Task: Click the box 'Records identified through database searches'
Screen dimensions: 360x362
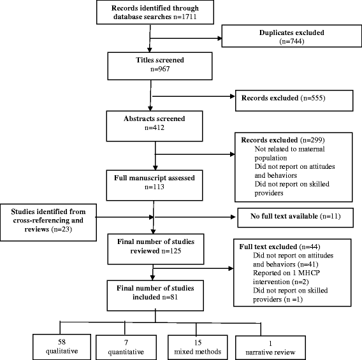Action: point(151,15)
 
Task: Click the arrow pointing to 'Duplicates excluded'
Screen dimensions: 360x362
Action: point(191,36)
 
